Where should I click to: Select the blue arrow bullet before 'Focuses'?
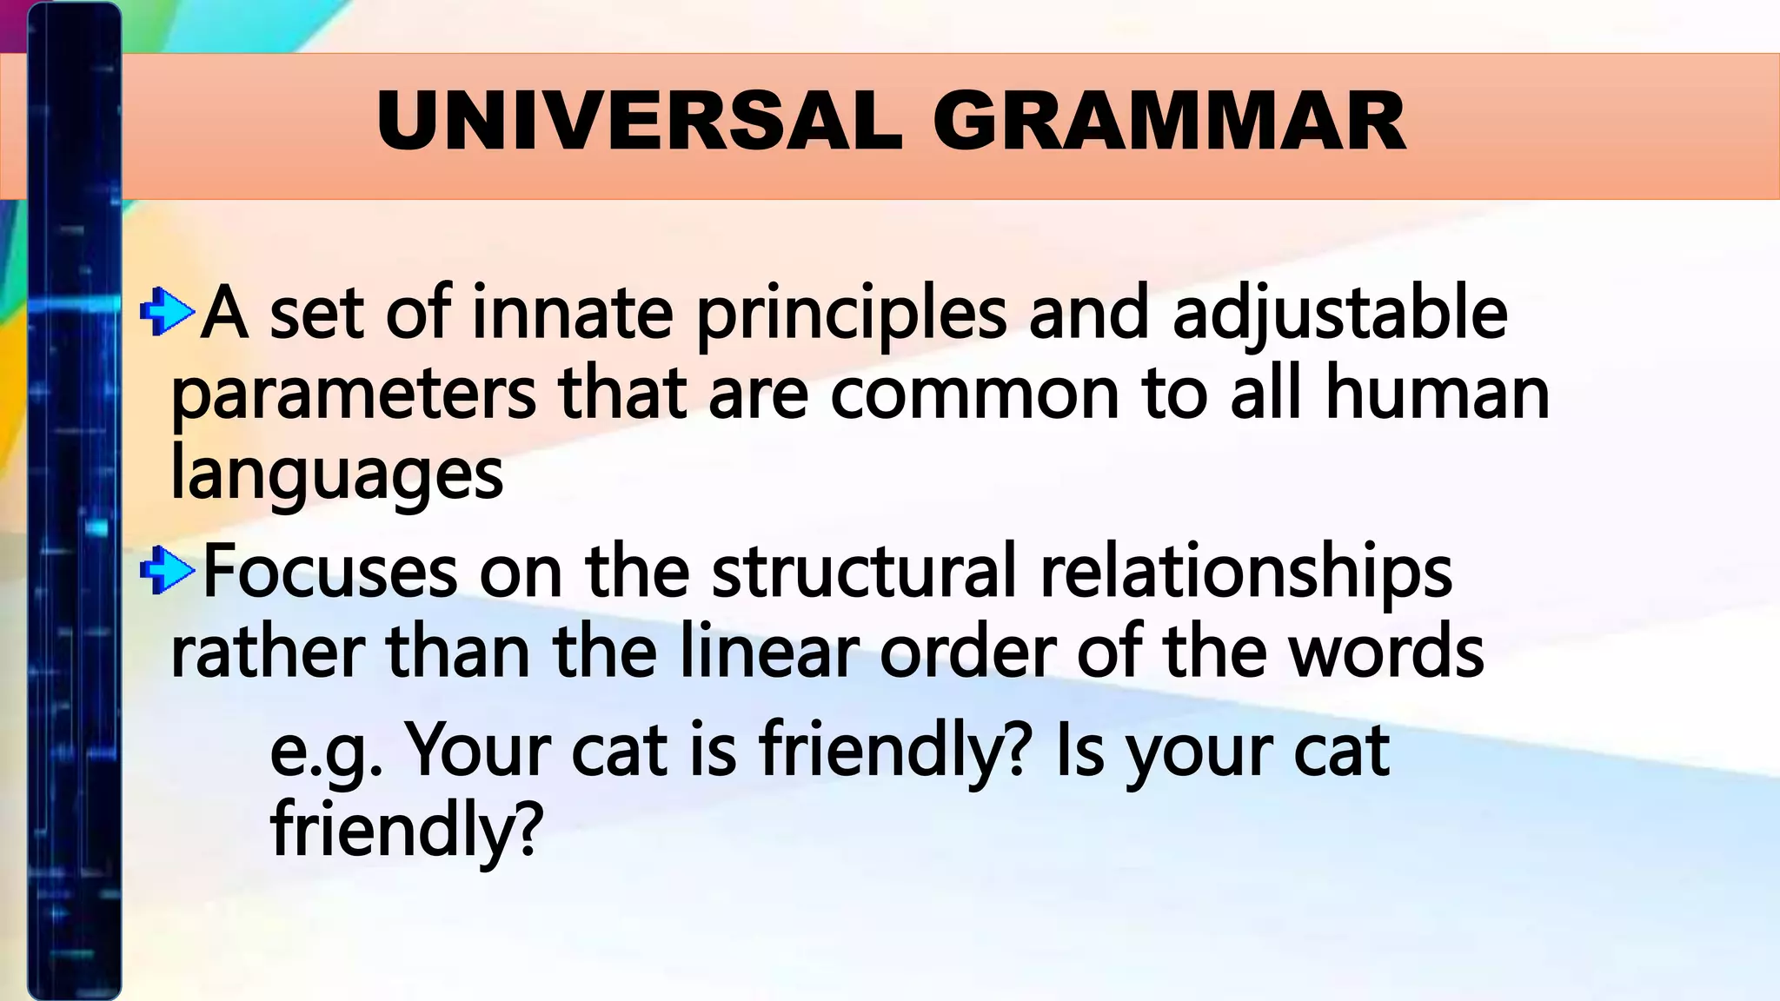[166, 570]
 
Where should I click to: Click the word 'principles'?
[851, 315]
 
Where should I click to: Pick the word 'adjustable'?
[1339, 315]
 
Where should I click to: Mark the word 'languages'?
[337, 475]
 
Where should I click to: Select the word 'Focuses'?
[330, 572]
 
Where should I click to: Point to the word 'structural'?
[864, 572]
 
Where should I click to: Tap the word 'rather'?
[267, 653]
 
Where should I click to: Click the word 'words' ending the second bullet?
[1386, 653]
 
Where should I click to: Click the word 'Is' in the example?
[1079, 749]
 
